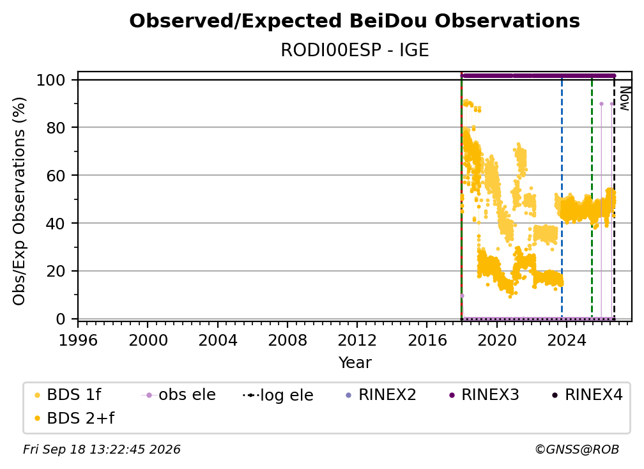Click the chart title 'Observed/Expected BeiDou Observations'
tap(355, 21)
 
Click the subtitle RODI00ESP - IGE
tap(355, 50)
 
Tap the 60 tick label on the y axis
tap(56, 175)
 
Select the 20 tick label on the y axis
tap(56, 271)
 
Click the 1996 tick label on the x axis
tap(78, 340)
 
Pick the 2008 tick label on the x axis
tap(287, 340)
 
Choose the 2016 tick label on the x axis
tap(427, 340)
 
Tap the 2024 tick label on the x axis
tap(567, 340)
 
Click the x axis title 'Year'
tap(355, 363)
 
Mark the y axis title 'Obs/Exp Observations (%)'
tap(19, 201)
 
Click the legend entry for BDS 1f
tap(68, 395)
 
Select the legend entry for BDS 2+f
tap(74, 418)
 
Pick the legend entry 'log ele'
tap(278, 395)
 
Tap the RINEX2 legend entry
tap(381, 395)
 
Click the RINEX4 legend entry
tap(587, 395)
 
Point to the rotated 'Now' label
tap(624, 98)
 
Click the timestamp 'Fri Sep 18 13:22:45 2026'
tap(102, 449)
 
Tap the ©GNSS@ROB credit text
tap(577, 449)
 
